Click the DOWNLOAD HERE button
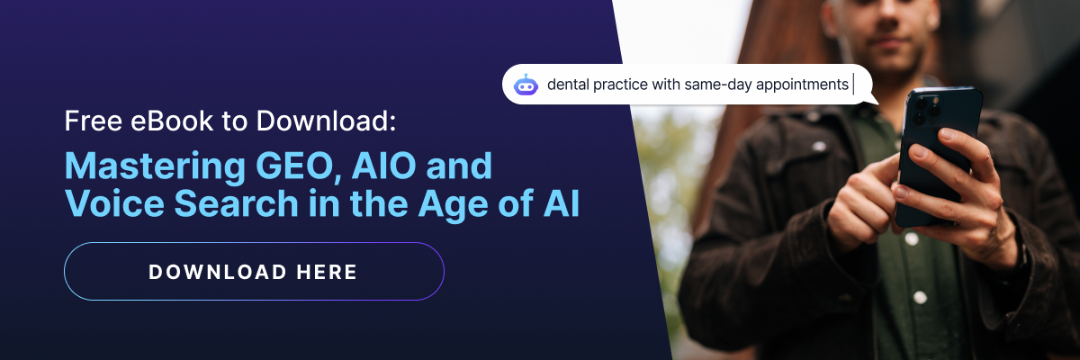(254, 271)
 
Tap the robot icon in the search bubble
(526, 85)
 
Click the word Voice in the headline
(115, 204)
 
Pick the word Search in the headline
(236, 204)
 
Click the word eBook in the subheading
(172, 121)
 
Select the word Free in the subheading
(93, 121)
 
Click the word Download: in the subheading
(326, 121)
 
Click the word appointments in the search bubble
(802, 85)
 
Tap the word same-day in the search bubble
(718, 85)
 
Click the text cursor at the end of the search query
(853, 85)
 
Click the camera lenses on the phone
(927, 111)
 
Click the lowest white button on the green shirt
(920, 297)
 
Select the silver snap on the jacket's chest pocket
(819, 146)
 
